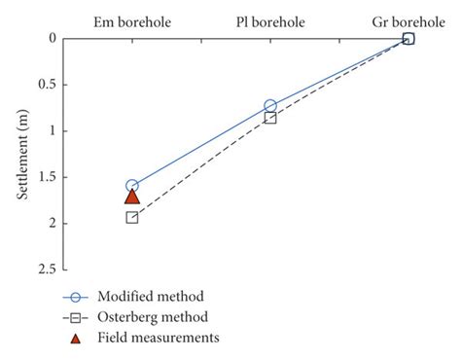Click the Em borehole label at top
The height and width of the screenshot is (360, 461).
[132, 19]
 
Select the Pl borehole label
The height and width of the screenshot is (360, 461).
[270, 19]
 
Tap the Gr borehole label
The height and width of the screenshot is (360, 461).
[408, 19]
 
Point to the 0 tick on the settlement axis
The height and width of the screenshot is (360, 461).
[53, 39]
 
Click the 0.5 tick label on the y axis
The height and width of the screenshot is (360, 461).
[47, 85]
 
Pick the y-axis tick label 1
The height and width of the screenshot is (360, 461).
[53, 131]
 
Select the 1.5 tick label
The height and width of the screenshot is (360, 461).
[47, 177]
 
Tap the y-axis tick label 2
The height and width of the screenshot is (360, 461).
[53, 224]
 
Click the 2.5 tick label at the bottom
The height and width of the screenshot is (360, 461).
[47, 270]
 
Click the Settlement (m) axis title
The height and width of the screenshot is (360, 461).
[22, 154]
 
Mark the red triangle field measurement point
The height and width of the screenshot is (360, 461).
[132, 196]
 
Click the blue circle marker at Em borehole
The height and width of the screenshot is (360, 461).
[132, 186]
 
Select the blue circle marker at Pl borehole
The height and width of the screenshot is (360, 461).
[270, 105]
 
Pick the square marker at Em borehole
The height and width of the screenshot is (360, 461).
[132, 217]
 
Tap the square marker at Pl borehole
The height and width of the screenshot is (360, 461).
[270, 118]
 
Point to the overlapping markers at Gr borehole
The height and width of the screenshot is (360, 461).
[408, 39]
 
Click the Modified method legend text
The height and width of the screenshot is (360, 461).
[151, 297]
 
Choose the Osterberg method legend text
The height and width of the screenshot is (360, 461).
[153, 317]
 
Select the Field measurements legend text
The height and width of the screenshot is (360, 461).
[158, 338]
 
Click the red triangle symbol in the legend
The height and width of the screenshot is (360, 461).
[77, 338]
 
